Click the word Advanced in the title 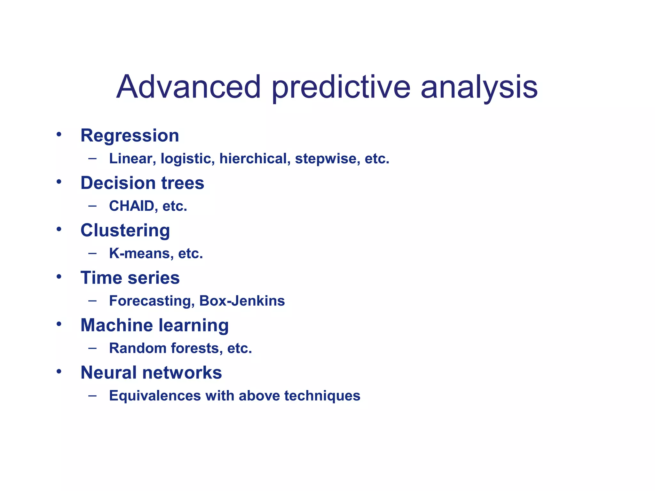tap(189, 87)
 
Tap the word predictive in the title tap(341, 87)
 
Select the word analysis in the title tap(479, 87)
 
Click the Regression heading tap(130, 136)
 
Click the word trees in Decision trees tap(183, 183)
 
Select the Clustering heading tap(125, 230)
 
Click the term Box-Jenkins tap(242, 301)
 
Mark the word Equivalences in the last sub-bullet tap(155, 396)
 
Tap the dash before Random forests tap(92, 348)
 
